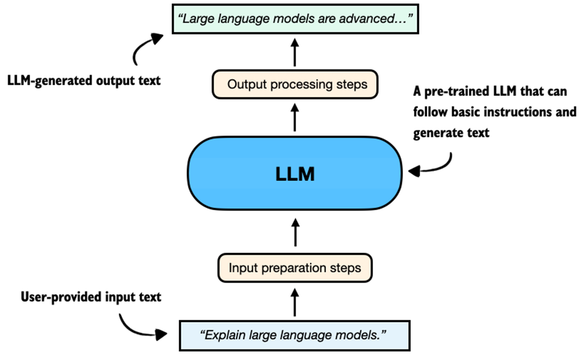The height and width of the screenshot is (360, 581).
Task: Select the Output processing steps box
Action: [x=295, y=85]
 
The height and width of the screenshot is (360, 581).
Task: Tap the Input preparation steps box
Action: [x=295, y=267]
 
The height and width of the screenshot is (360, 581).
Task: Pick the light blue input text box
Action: [x=295, y=335]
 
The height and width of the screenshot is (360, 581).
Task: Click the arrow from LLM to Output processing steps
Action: [x=295, y=119]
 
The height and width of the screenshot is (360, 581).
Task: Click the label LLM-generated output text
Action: [x=84, y=81]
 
